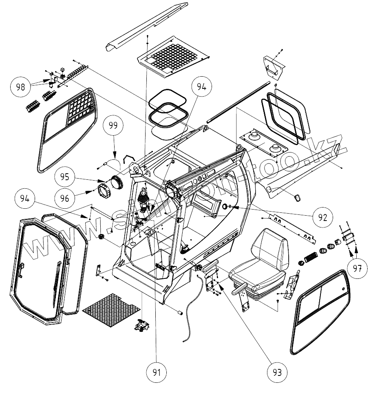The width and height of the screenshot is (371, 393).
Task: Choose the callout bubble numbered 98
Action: pos(20,86)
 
